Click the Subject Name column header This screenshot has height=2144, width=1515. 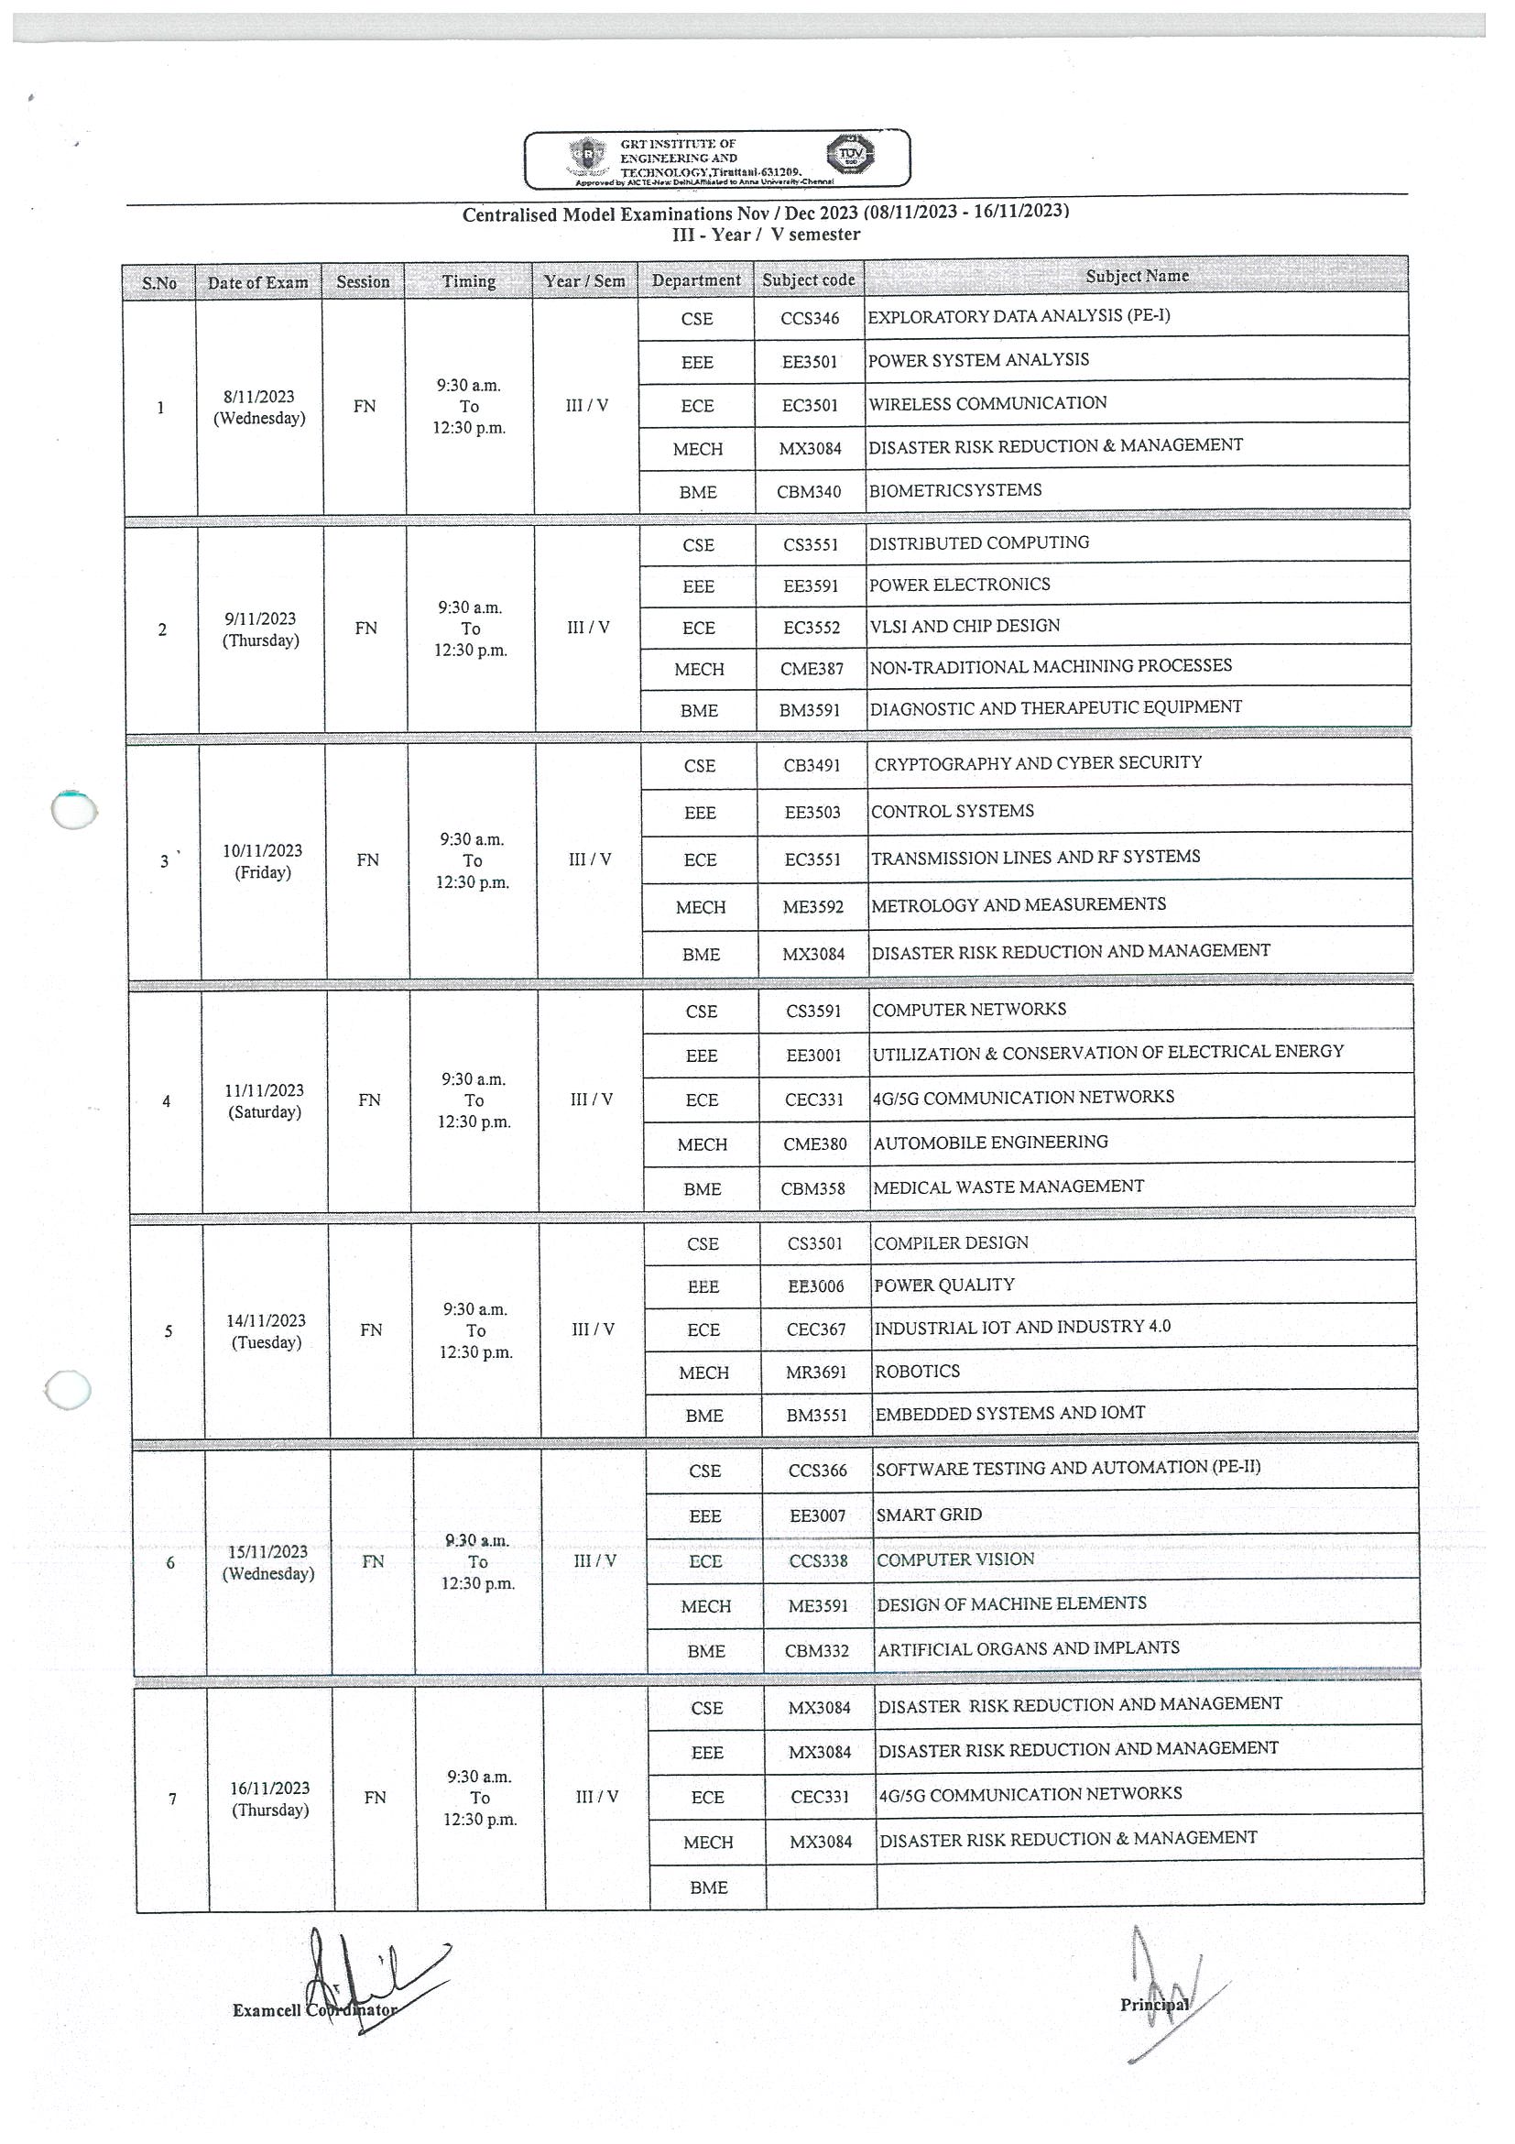click(x=1136, y=277)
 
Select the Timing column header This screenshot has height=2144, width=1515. click(x=469, y=281)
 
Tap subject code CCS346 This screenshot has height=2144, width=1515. click(x=810, y=319)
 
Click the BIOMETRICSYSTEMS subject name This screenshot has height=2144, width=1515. click(x=955, y=490)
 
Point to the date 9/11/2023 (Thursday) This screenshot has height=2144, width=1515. click(x=260, y=629)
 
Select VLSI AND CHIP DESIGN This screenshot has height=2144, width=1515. click(x=965, y=627)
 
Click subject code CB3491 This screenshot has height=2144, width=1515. click(x=812, y=766)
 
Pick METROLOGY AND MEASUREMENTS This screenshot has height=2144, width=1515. click(x=1019, y=905)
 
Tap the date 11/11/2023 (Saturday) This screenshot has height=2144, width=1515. click(x=265, y=1101)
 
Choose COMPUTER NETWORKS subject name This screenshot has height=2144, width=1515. click(x=969, y=1010)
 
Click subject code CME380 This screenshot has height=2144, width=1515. click(x=815, y=1143)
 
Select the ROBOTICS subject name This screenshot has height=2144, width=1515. click(x=917, y=1372)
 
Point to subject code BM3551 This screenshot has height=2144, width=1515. click(x=816, y=1416)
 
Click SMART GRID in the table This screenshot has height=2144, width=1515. click(x=929, y=1515)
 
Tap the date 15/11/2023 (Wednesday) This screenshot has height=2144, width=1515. click(x=267, y=1562)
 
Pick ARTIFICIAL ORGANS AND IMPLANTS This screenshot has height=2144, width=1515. click(x=1029, y=1649)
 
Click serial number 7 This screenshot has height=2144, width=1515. click(x=172, y=1799)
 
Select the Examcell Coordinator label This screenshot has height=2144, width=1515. click(x=314, y=2009)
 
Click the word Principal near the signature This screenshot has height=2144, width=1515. click(x=1154, y=2004)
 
